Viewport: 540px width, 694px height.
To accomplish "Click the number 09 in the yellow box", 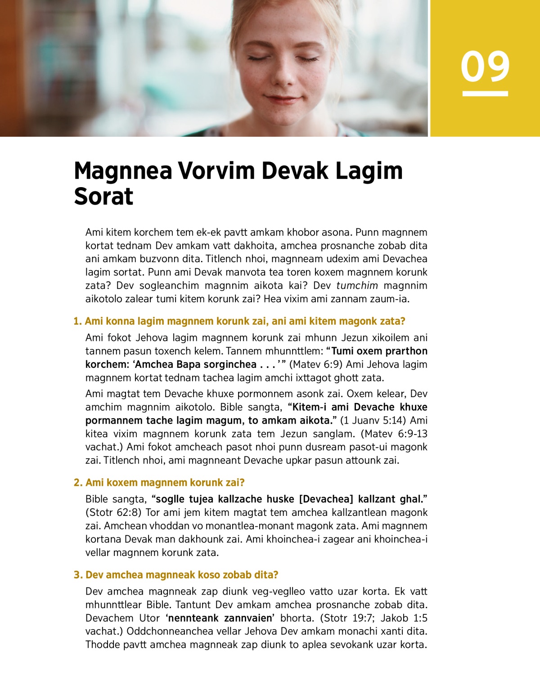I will click(485, 67).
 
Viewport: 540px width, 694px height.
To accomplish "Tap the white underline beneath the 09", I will click(485, 94).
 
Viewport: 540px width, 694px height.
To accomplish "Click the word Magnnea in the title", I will click(123, 171).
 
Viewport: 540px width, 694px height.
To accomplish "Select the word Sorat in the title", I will click(103, 197).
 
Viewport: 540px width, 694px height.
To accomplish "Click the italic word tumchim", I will click(357, 286).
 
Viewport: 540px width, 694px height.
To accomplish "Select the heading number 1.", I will click(77, 321).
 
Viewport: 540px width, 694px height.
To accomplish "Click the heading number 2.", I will click(77, 483).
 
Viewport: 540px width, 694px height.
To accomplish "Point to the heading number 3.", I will click(77, 575).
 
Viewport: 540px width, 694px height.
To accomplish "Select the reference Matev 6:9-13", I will click(396, 434).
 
